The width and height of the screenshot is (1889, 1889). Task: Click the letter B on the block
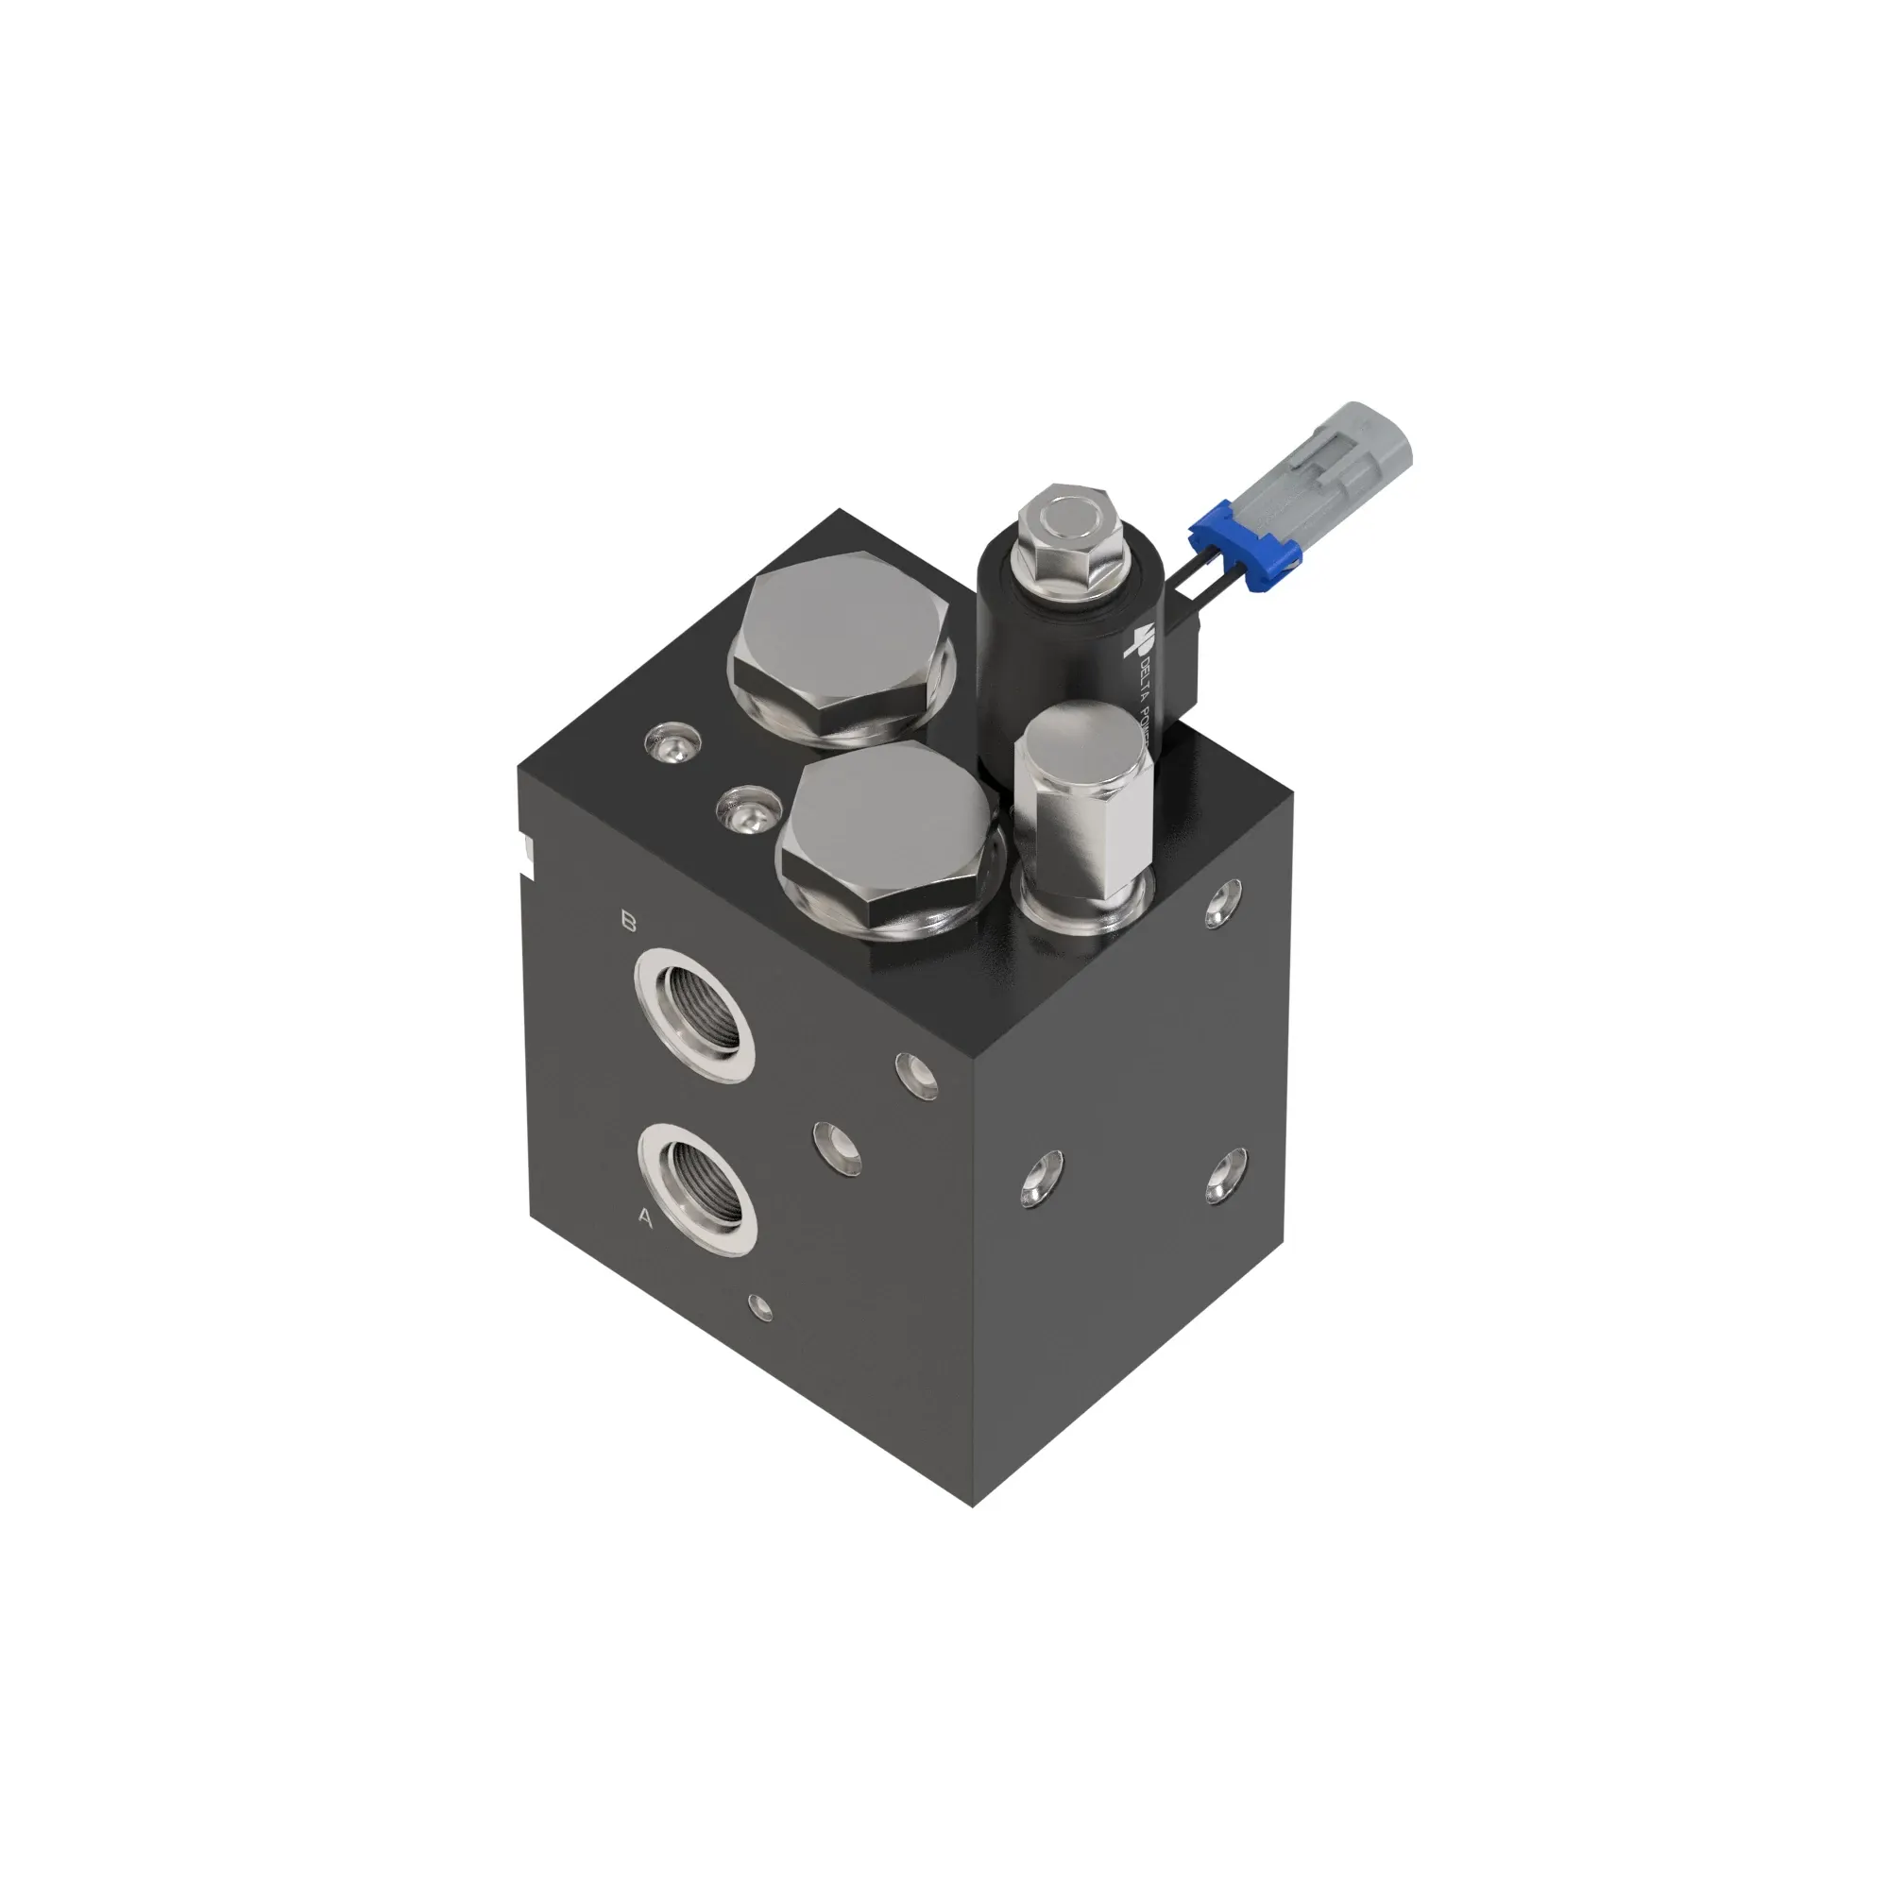630,921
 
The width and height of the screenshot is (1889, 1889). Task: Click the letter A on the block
644,1217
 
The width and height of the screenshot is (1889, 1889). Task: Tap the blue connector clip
1244,545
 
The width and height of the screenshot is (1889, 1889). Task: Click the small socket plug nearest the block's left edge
671,743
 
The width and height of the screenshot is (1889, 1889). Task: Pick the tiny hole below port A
759,1307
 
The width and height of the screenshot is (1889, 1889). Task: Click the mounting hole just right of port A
838,1148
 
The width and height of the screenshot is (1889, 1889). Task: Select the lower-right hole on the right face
1225,1176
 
